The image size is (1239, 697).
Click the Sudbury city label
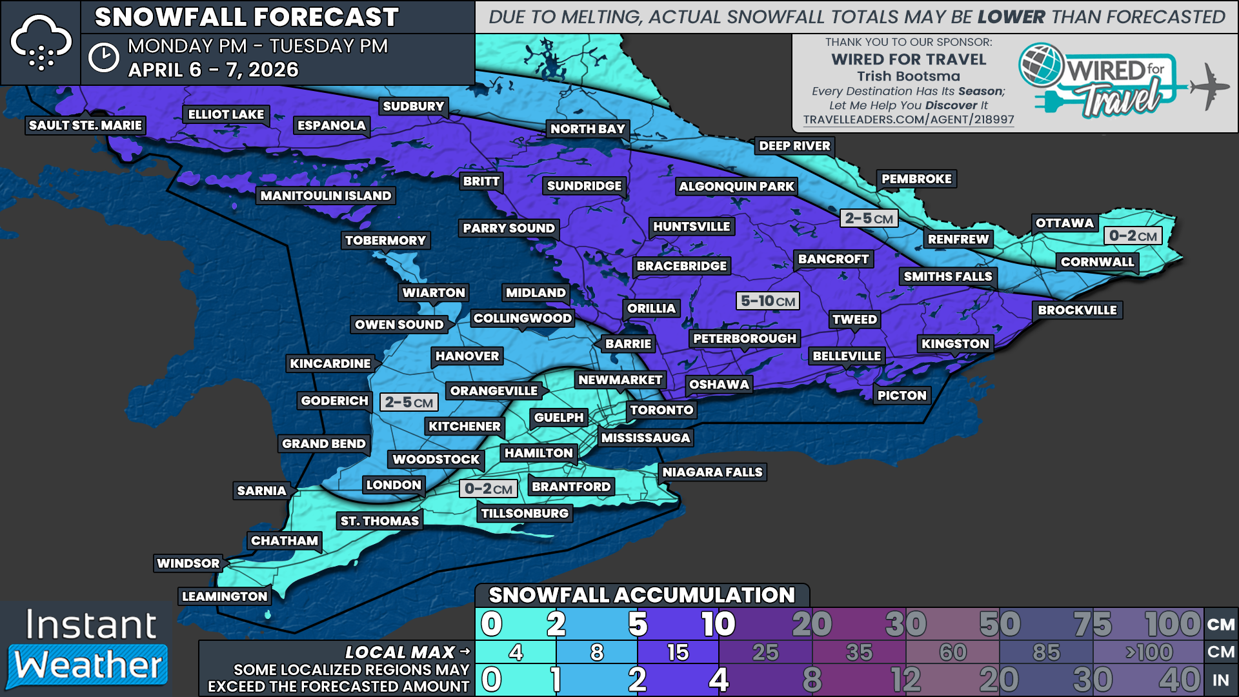(x=413, y=106)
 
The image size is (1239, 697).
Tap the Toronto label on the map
(x=661, y=410)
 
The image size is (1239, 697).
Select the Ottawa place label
(x=1064, y=223)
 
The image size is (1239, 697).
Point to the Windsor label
(x=188, y=563)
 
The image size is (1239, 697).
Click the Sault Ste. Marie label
(x=85, y=125)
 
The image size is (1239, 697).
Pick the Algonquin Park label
(x=736, y=187)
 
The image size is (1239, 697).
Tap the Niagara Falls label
(x=712, y=472)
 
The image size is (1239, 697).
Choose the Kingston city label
(x=954, y=344)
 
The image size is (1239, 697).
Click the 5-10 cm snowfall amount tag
(x=767, y=301)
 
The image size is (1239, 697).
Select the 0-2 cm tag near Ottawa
(x=1133, y=236)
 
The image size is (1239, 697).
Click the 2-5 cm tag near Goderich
(x=408, y=403)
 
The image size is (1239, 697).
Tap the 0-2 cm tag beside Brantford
(x=488, y=489)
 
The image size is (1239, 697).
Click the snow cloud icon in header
(x=41, y=43)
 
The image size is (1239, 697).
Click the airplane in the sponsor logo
(x=1208, y=86)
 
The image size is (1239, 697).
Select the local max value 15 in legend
(x=678, y=652)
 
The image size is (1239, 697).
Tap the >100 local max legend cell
(x=1149, y=652)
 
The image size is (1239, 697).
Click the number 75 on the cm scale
(x=1093, y=624)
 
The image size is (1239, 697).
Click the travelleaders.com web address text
(x=908, y=120)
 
